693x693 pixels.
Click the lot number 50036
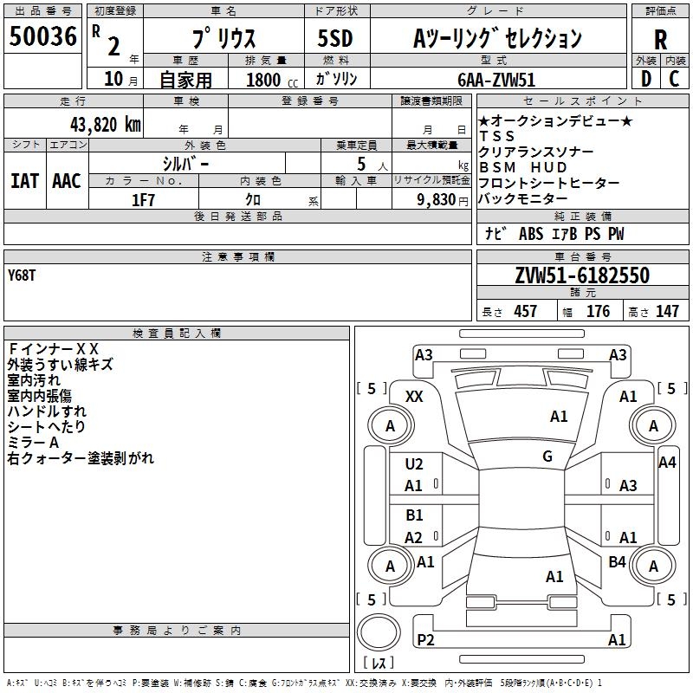point(42,36)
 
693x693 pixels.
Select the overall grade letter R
point(660,40)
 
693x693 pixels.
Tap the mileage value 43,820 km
point(105,125)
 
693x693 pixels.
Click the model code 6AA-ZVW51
point(496,80)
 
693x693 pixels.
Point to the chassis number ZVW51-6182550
point(582,275)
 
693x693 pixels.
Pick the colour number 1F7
point(143,200)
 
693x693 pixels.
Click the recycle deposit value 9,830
point(436,200)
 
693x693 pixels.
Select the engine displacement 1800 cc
point(272,80)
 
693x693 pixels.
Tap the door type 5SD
point(335,38)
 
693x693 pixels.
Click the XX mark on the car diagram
point(414,397)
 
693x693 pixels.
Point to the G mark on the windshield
point(547,457)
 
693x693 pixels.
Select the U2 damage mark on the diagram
point(414,464)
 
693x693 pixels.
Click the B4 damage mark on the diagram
point(617,561)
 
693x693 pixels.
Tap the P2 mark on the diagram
point(425,639)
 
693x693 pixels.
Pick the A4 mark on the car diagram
point(667,463)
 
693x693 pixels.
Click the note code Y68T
point(21,275)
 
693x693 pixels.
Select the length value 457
point(526,311)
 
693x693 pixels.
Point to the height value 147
point(667,311)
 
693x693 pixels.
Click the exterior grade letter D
point(646,79)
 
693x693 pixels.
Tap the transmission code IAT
point(25,181)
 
